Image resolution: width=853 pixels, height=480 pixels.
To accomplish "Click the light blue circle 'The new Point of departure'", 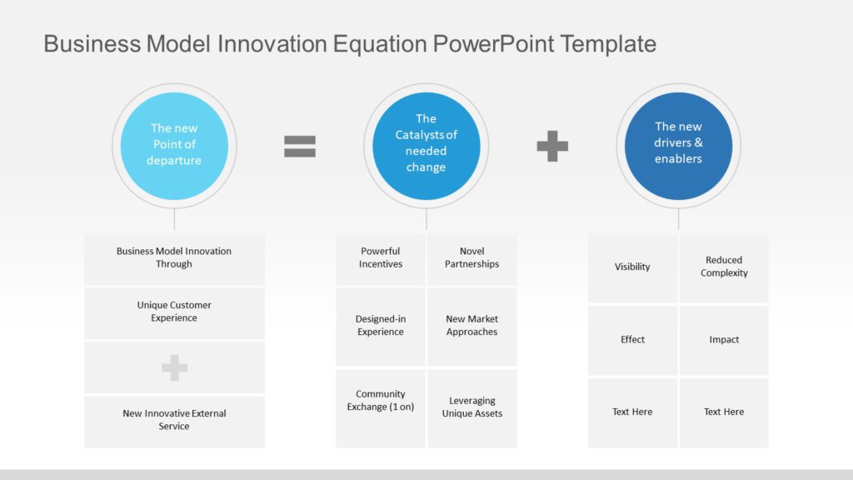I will click(174, 145).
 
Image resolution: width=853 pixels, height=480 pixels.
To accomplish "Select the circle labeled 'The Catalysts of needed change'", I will click(426, 145).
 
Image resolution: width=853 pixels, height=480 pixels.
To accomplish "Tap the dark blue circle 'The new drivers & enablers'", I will click(678, 145).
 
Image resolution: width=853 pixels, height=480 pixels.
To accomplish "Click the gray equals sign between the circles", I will click(300, 147).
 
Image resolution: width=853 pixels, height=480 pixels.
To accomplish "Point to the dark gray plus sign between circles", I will click(552, 147).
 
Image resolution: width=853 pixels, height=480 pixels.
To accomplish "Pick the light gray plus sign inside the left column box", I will click(174, 367).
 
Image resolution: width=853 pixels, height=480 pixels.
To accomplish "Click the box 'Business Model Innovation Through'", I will click(174, 258).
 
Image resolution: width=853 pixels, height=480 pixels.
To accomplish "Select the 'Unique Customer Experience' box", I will click(174, 312).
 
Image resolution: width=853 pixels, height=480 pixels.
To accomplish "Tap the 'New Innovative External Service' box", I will click(174, 420).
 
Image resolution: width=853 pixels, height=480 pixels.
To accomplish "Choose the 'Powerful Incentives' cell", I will click(381, 258).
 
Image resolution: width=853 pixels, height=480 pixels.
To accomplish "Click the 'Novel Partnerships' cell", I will click(471, 258).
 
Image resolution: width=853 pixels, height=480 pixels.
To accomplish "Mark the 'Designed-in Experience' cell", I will click(381, 326).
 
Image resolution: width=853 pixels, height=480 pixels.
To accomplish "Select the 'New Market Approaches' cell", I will click(471, 326).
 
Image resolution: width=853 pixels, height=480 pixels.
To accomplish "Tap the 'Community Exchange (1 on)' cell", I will click(381, 401).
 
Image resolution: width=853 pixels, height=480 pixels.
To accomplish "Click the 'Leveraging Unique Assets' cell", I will click(471, 407).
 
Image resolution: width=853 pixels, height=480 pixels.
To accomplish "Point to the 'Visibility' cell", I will click(632, 267).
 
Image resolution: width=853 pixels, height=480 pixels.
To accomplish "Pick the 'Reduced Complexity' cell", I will click(724, 267).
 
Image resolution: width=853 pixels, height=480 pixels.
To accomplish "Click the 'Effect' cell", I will click(632, 340).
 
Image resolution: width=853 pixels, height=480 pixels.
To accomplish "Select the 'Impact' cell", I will click(724, 340).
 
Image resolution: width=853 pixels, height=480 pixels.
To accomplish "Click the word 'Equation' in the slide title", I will click(381, 43).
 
